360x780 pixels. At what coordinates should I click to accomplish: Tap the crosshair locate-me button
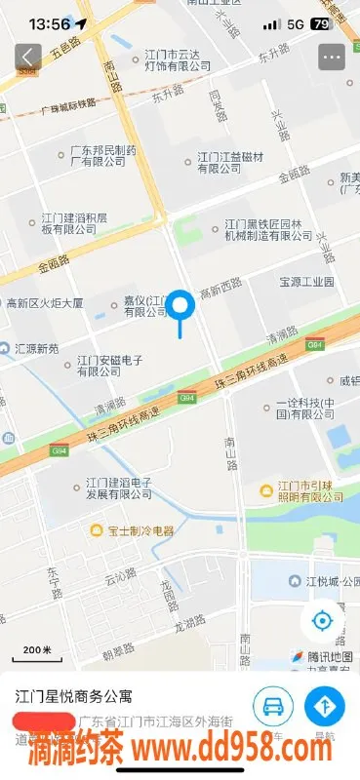click(323, 619)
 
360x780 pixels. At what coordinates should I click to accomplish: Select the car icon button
click(273, 706)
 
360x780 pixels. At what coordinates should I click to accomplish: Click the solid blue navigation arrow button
click(324, 706)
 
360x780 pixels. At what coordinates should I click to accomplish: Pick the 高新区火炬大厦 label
click(45, 303)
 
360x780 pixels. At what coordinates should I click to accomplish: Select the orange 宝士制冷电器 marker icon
click(97, 530)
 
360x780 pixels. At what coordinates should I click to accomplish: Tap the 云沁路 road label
click(122, 576)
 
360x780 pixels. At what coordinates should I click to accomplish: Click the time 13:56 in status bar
click(50, 22)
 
